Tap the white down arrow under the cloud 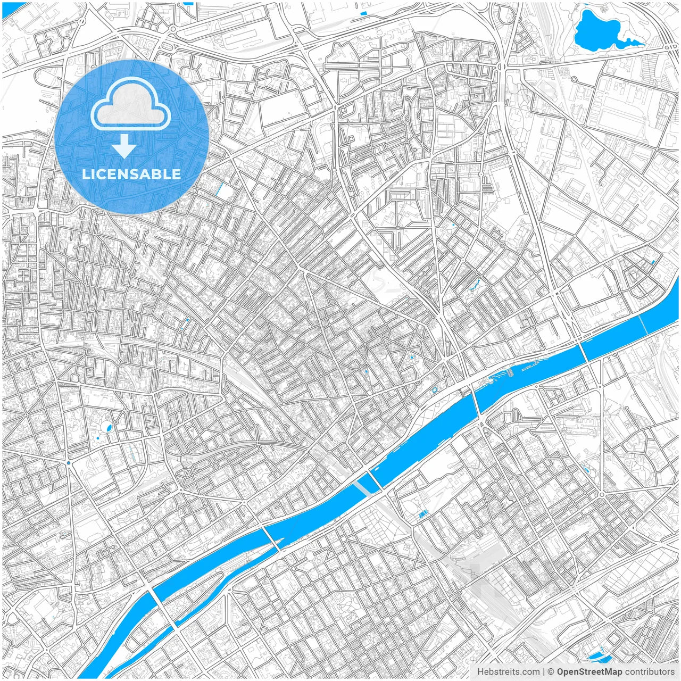pyautogui.click(x=124, y=146)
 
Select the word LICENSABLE pyautogui.click(x=131, y=174)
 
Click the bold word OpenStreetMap pyautogui.click(x=589, y=672)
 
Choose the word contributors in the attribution pyautogui.click(x=650, y=672)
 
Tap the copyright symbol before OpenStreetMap pyautogui.click(x=551, y=672)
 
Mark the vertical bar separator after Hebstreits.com pyautogui.click(x=544, y=672)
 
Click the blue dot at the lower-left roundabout pyautogui.click(x=69, y=463)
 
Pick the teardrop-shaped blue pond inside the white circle pyautogui.click(x=109, y=427)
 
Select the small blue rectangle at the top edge pyautogui.click(x=364, y=13)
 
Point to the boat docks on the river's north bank pyautogui.click(x=508, y=371)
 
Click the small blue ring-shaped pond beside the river pyautogui.click(x=435, y=389)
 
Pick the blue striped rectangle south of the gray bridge pyautogui.click(x=423, y=514)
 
